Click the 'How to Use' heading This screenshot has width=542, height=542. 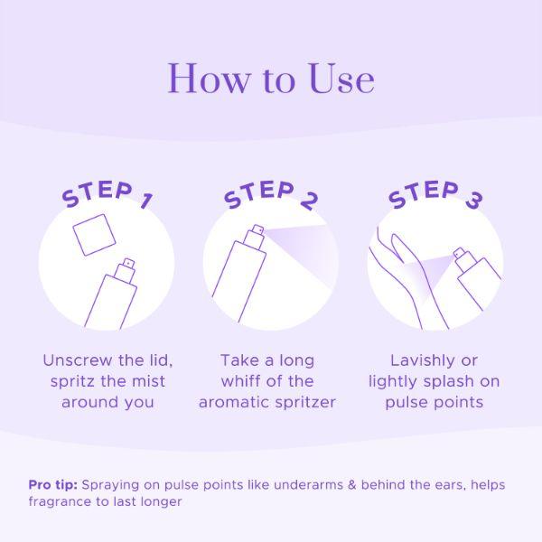coord(271,78)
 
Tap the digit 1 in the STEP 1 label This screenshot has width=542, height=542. coord(147,201)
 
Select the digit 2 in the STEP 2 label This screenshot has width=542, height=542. coord(309,201)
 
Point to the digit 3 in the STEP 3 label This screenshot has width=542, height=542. coord(473,201)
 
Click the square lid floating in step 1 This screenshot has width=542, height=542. coord(94,235)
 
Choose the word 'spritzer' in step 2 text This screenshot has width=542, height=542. coord(305,403)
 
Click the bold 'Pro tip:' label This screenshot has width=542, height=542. coord(53,485)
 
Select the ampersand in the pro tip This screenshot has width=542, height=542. coord(352,485)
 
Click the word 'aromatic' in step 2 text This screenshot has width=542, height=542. coord(235,402)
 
